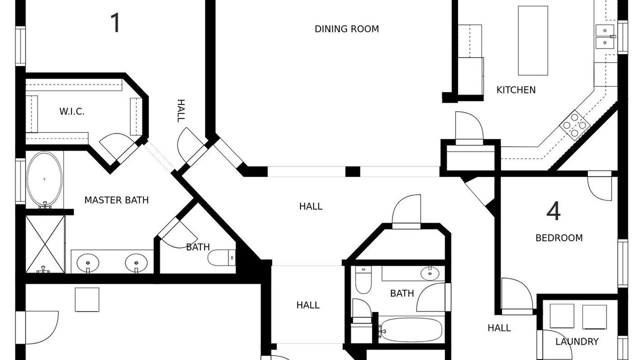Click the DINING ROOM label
(x=346, y=29)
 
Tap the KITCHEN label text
(x=516, y=90)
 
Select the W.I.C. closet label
(x=72, y=111)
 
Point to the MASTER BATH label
(x=116, y=200)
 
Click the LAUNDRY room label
(x=577, y=341)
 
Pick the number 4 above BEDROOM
(x=553, y=211)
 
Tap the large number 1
(x=115, y=23)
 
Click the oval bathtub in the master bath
(x=44, y=179)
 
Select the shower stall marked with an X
(x=45, y=244)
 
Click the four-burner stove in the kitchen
(x=575, y=125)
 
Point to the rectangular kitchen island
(x=533, y=40)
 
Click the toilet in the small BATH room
(x=221, y=257)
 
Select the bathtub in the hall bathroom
(x=411, y=329)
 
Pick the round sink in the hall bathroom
(x=430, y=274)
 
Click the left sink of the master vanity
(x=88, y=263)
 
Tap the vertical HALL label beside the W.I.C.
(x=181, y=111)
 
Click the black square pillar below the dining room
(x=353, y=171)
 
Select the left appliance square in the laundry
(x=562, y=316)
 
